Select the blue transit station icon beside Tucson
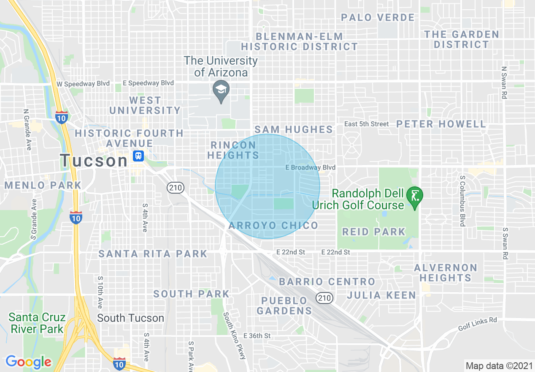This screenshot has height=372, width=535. [x=138, y=156]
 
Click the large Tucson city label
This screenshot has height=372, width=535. [x=94, y=161]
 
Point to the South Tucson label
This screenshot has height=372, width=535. [x=130, y=318]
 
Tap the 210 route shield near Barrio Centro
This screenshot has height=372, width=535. [x=324, y=298]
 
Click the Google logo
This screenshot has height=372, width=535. [x=28, y=362]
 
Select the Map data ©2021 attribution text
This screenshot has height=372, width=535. [x=499, y=365]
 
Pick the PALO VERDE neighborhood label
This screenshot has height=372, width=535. [x=378, y=17]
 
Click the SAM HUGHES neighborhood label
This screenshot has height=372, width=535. [x=294, y=129]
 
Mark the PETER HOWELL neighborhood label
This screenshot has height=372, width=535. [x=441, y=124]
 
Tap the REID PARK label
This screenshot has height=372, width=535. [x=373, y=232]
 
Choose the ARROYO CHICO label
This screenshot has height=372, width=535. [x=273, y=225]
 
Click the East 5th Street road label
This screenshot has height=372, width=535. [x=366, y=124]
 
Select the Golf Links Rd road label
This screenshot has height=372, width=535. [x=478, y=324]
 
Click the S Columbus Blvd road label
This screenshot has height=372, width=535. [x=462, y=201]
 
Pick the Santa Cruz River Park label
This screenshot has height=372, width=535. [x=37, y=323]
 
